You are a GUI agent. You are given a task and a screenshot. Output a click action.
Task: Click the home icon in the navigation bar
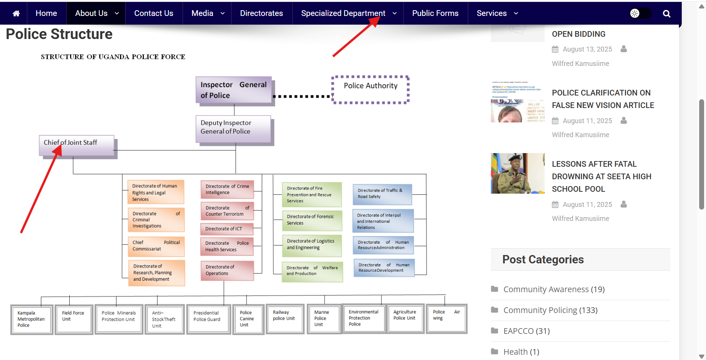[x=16, y=14]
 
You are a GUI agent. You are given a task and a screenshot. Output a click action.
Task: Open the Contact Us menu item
[x=153, y=13]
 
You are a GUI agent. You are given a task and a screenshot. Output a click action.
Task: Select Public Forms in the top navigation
[x=435, y=13]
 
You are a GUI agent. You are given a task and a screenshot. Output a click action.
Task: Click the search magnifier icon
[x=666, y=14]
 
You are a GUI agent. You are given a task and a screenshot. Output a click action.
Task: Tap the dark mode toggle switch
[x=640, y=13]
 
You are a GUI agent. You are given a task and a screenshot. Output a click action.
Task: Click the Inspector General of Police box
[x=234, y=90]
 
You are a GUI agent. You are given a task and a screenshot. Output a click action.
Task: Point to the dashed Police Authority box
[x=370, y=89]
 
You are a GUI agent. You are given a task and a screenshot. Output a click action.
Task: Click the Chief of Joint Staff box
[x=77, y=145]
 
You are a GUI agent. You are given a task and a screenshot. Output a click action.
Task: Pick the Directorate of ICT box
[x=226, y=229]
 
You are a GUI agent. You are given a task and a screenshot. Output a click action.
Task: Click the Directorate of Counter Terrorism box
[x=227, y=211]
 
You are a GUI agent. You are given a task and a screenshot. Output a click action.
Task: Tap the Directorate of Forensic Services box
[x=311, y=220]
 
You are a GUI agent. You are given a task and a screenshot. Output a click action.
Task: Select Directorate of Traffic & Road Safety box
[x=382, y=194]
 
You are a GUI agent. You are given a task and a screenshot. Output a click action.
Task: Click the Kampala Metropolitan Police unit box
[x=31, y=319]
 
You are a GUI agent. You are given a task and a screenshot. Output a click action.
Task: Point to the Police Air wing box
[x=446, y=318]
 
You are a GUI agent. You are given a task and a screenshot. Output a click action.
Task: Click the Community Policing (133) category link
[x=550, y=310]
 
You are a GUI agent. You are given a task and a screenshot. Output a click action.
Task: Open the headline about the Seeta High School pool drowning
[x=601, y=177]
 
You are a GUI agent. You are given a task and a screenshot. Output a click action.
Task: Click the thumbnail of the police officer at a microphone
[x=517, y=174]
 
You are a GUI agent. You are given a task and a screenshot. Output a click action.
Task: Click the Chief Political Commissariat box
[x=156, y=246]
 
